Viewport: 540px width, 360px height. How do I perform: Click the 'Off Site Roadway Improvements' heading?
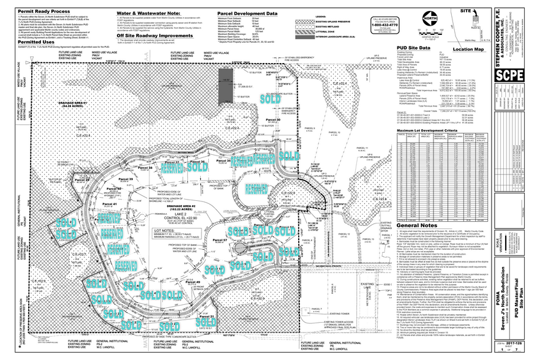[156, 35]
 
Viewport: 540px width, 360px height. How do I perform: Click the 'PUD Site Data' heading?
[418, 47]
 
